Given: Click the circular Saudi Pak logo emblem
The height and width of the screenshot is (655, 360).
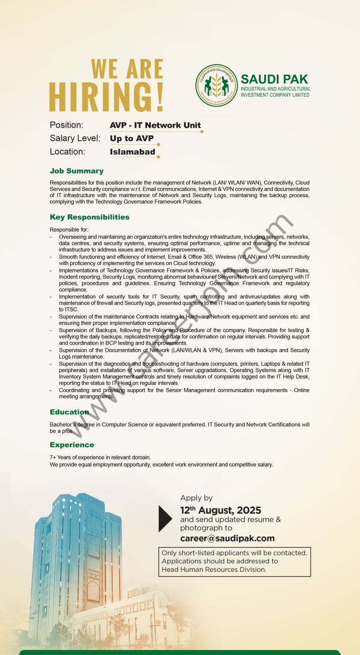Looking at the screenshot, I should (x=216, y=85).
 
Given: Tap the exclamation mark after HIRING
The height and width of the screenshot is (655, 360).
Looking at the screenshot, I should (x=160, y=96).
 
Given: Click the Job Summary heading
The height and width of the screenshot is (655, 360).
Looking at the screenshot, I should (x=76, y=171).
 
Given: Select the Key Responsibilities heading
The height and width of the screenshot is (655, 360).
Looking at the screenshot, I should (x=90, y=217).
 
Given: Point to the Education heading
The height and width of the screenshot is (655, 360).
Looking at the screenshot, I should (x=69, y=412).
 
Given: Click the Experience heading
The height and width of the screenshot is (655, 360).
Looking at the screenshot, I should (x=72, y=445).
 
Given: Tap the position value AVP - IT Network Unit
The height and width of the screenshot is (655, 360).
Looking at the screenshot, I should (x=155, y=126).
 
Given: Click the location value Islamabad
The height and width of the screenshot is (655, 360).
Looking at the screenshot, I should (x=132, y=152).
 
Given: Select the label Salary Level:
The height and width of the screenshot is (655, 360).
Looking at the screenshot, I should (x=75, y=139).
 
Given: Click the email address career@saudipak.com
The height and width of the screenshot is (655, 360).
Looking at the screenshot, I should (x=227, y=538).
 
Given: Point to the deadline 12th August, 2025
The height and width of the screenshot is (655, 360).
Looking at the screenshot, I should (x=220, y=511).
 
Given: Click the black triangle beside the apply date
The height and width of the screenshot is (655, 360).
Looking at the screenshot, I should (x=165, y=519).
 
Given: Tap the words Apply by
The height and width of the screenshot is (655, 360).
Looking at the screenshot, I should (x=196, y=498).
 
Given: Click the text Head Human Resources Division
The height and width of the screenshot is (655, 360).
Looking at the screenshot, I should (x=214, y=570).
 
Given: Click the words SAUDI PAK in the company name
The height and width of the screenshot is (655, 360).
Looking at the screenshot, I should (x=274, y=80).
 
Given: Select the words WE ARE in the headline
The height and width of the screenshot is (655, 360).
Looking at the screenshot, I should (x=127, y=69).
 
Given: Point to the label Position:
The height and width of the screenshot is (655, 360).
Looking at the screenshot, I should (x=66, y=125).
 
